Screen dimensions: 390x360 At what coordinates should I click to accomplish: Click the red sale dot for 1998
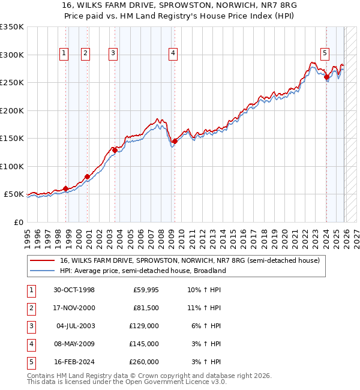(x=65, y=189)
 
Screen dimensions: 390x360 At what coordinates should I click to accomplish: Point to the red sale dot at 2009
(x=174, y=142)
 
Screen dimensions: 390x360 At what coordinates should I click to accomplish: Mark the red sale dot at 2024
(x=326, y=77)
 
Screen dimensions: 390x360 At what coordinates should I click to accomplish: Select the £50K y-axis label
(x=14, y=194)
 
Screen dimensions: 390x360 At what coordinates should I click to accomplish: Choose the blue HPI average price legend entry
(x=142, y=271)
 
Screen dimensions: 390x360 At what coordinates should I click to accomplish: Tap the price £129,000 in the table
(x=145, y=326)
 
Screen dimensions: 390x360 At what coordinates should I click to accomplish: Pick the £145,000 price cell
(x=145, y=344)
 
